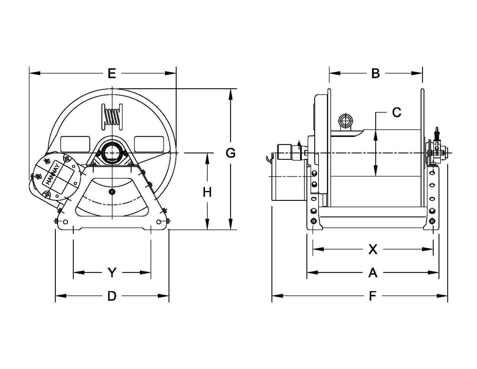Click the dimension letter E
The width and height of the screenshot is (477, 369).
point(112,73)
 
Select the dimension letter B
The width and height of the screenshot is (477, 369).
point(375,73)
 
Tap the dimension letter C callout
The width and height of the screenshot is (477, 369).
point(396,112)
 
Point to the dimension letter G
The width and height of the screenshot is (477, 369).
point(230,153)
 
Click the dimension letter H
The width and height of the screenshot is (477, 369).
point(207,192)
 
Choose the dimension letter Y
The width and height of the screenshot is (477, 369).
point(112,273)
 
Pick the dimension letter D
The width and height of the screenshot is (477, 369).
point(112,296)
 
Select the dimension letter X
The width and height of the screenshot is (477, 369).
point(373,249)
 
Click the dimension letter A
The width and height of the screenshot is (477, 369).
point(373,273)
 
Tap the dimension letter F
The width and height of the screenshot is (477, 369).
point(373,296)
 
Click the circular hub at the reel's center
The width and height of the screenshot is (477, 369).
point(112,153)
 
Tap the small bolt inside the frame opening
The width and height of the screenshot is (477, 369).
point(112,192)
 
